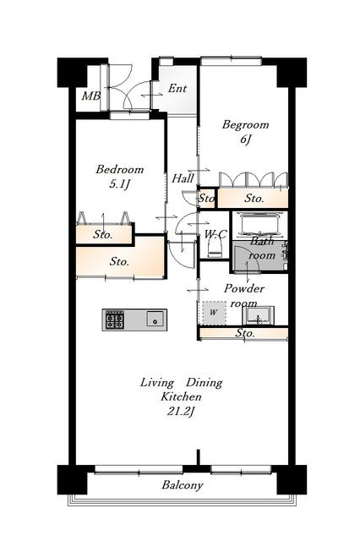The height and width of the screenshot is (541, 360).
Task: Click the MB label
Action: point(91,96)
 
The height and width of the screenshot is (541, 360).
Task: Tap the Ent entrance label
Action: point(177,88)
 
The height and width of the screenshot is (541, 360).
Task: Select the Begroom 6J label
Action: point(245,132)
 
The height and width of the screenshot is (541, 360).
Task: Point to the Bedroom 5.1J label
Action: point(120,177)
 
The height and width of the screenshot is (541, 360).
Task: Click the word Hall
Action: point(183,178)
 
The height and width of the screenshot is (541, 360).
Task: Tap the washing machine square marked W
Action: point(214,313)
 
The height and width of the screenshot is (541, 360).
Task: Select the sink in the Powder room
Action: point(259,315)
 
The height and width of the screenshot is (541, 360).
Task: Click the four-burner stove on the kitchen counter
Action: point(114,320)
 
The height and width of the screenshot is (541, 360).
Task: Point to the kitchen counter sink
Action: point(155,319)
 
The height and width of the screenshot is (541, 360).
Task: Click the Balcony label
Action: point(183,485)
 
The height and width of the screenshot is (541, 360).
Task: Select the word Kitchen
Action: point(181,396)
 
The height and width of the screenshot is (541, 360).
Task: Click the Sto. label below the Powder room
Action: point(245,333)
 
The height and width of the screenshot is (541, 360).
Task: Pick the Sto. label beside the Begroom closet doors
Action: point(254,198)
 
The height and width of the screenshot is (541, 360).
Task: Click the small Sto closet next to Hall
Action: point(206,198)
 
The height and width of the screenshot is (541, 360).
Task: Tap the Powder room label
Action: point(244,296)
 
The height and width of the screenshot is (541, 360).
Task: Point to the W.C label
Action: point(215,234)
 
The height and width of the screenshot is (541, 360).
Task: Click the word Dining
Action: point(205,383)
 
